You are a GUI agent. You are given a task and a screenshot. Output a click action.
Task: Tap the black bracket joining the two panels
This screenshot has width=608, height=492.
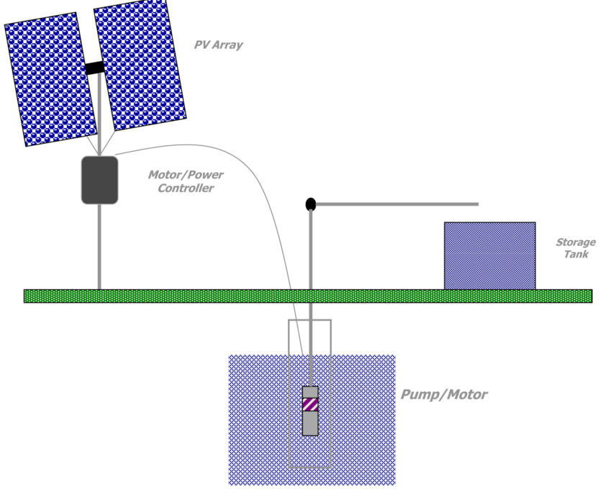click(x=94, y=68)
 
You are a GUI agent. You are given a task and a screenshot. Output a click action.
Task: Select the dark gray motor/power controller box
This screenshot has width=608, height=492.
click(x=99, y=180)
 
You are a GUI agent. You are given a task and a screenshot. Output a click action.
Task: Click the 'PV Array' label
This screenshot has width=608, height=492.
click(x=218, y=45)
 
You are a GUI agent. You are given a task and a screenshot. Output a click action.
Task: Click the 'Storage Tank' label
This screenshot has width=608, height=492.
click(x=575, y=248)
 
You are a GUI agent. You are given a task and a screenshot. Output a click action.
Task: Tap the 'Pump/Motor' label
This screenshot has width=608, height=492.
click(x=443, y=395)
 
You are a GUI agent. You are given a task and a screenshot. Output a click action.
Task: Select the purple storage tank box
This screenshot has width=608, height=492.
click(x=489, y=255)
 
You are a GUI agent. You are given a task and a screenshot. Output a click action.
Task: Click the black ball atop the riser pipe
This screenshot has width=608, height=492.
click(x=311, y=204)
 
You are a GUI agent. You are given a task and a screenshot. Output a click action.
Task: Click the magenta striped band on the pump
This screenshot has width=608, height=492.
click(x=310, y=405)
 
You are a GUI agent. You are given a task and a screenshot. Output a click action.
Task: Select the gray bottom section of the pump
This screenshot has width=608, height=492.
click(x=310, y=424)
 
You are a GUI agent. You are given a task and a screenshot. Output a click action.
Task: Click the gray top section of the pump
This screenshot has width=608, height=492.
click(x=310, y=392)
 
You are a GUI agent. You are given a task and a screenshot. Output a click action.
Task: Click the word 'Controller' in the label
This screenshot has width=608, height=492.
click(x=186, y=188)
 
